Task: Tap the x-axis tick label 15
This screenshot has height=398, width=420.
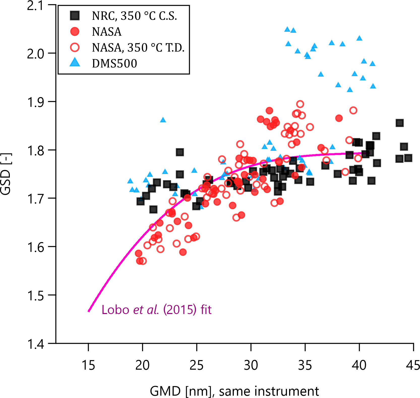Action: [88, 365]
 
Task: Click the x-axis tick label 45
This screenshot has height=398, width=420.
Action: [413, 365]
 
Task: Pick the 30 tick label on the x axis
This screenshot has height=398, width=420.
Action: [251, 365]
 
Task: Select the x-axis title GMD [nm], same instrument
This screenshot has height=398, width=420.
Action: [234, 391]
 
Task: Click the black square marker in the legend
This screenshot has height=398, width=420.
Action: [75, 16]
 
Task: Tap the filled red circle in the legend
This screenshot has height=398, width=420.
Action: [75, 32]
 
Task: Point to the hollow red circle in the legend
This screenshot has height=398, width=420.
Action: [75, 47]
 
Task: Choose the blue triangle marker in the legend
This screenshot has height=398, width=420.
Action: [75, 62]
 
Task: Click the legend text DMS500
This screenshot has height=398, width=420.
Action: [114, 63]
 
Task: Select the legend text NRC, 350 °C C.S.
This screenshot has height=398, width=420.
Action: [134, 16]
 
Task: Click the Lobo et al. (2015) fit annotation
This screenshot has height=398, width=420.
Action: [156, 310]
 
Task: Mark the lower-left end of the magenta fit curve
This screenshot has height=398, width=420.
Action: [89, 311]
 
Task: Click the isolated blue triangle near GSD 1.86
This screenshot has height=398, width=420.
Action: [163, 120]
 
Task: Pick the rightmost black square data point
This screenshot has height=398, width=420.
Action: [408, 158]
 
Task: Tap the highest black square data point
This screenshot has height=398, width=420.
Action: [400, 123]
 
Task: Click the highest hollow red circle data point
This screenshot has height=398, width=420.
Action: [300, 104]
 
